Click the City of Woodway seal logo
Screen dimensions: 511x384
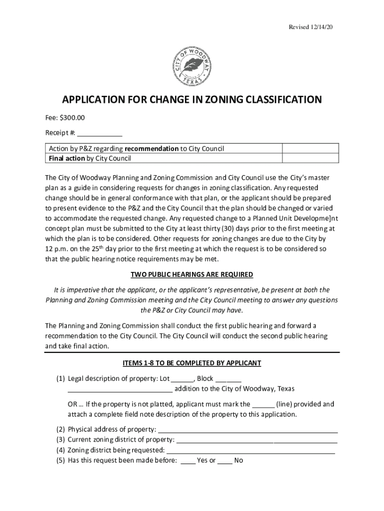pos(192,65)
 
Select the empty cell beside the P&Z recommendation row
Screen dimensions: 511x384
pos(311,149)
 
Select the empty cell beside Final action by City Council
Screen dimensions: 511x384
pos(311,159)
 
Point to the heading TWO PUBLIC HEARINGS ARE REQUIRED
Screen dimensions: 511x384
pos(192,274)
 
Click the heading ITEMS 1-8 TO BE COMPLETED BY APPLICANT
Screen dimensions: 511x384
pos(192,363)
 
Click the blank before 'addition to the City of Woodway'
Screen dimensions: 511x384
pos(120,389)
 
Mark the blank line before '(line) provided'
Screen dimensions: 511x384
pos(263,405)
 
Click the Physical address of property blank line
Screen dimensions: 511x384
pos(248,430)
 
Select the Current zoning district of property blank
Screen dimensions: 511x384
pos(257,440)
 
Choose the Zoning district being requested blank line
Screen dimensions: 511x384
pos(250,451)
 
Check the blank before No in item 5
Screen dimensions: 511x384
pos(224,461)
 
